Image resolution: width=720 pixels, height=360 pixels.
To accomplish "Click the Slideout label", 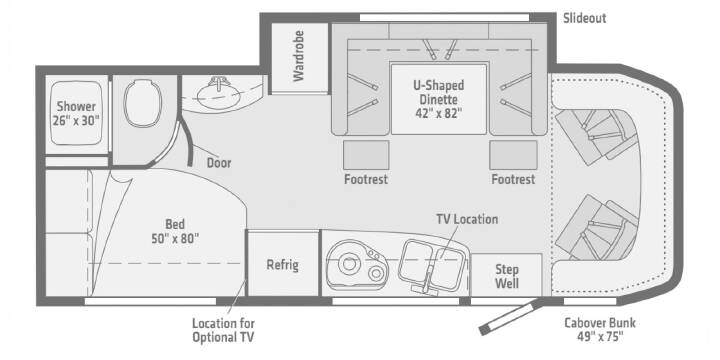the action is (x=585, y=18).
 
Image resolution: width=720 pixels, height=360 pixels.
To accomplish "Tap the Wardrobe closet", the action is (x=299, y=57).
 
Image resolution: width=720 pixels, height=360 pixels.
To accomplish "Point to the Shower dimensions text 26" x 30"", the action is (x=76, y=120).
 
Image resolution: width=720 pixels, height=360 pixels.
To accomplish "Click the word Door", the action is (x=219, y=163).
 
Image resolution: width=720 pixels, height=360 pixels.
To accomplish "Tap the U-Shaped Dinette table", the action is (x=439, y=99).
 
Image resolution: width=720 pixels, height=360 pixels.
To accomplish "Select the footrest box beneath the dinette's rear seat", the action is (x=366, y=155).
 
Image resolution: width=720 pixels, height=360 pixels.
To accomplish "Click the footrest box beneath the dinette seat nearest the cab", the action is (x=513, y=155).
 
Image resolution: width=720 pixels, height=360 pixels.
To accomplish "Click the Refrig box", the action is (x=283, y=264).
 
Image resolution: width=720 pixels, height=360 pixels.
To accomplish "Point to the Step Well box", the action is (x=506, y=275).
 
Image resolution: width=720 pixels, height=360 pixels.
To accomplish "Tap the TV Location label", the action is (x=467, y=219).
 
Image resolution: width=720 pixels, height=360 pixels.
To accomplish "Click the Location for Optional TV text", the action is (x=223, y=330).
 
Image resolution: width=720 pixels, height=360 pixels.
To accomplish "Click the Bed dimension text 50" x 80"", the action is (x=175, y=238).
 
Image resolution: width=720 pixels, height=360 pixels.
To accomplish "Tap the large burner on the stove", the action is (x=347, y=264).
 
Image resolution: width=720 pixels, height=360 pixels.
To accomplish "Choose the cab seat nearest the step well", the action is (x=597, y=228).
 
